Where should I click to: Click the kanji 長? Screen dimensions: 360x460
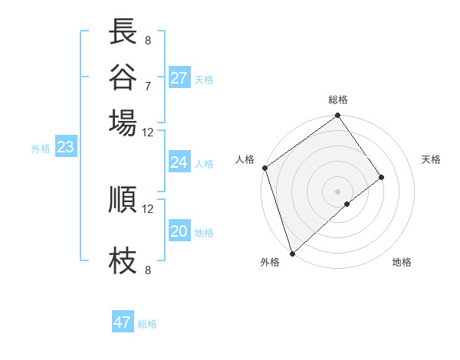coord(123,32)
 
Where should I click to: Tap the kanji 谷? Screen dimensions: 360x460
coord(123,77)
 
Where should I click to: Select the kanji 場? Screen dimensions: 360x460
coord(123,122)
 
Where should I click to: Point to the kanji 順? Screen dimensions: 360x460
coord(123,199)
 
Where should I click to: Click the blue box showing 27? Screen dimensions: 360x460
coord(179,78)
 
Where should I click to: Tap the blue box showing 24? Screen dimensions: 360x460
coord(179,162)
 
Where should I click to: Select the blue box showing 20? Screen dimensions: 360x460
coord(179,231)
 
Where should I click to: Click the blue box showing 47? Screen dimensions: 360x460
coord(123,322)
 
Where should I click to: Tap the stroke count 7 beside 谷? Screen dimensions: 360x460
coord(148,86)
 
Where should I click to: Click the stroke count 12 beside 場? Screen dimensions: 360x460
coord(148,131)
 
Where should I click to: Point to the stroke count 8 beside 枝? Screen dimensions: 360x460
coord(148,270)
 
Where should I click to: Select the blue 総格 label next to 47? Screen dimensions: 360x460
coord(147,324)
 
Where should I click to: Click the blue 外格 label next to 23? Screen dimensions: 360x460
coord(41,149)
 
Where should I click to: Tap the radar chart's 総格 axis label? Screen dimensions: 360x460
coord(338,100)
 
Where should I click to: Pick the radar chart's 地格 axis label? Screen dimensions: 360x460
coord(402,263)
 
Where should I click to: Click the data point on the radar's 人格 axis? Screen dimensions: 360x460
coord(264,168)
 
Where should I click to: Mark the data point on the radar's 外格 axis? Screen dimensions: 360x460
coord(292,252)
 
